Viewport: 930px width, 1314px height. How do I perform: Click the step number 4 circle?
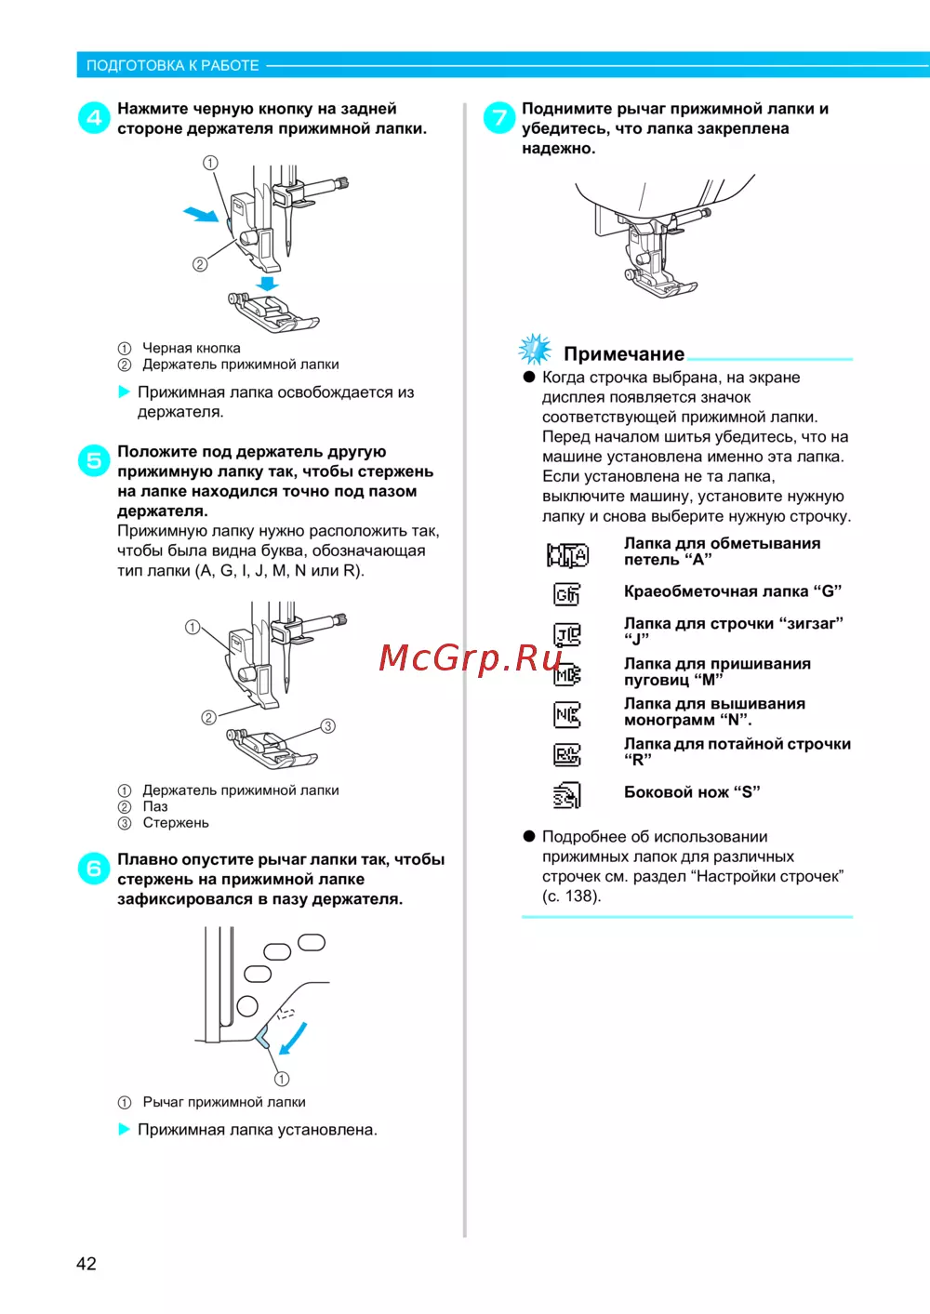click(94, 118)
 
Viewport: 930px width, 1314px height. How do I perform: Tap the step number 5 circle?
click(94, 460)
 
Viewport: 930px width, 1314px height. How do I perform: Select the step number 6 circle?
click(94, 869)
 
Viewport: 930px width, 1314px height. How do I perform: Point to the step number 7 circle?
click(499, 118)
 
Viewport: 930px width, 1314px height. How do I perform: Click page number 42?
click(86, 1263)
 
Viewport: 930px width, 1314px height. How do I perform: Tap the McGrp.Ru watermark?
click(471, 657)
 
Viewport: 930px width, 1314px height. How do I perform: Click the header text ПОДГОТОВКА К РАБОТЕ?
click(173, 65)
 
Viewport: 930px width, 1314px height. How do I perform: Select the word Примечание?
click(624, 354)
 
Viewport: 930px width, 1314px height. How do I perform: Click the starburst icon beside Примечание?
click(535, 350)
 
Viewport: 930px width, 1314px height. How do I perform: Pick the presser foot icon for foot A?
click(567, 555)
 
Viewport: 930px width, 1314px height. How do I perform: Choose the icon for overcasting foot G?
click(566, 593)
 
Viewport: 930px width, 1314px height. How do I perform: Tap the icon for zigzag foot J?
click(566, 634)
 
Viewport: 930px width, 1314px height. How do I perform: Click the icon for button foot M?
click(566, 674)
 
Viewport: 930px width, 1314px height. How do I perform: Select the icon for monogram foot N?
click(566, 714)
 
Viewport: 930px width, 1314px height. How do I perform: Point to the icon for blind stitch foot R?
click(566, 754)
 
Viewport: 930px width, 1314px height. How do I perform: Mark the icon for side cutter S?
click(566, 795)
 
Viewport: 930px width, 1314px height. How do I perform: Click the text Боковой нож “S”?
click(692, 792)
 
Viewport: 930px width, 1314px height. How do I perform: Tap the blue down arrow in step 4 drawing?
click(268, 283)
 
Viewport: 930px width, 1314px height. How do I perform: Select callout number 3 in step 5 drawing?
click(327, 726)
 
